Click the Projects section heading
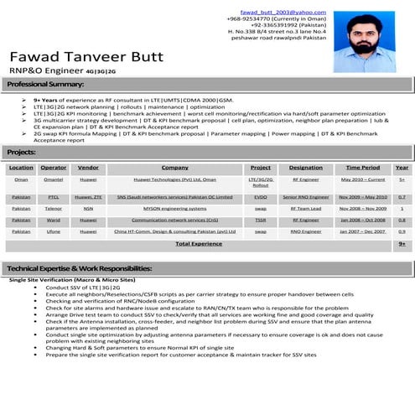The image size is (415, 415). (21, 152)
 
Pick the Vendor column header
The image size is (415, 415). (88, 168)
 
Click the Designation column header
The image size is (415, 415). (305, 168)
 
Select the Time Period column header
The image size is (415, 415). (362, 168)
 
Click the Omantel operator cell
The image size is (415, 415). (54, 179)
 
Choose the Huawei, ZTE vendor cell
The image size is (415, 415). (88, 196)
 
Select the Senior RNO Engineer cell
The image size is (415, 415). (305, 196)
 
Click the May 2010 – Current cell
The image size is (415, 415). (362, 179)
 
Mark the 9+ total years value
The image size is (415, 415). (402, 243)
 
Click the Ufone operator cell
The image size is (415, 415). (54, 231)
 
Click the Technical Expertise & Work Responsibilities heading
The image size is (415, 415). (80, 267)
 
